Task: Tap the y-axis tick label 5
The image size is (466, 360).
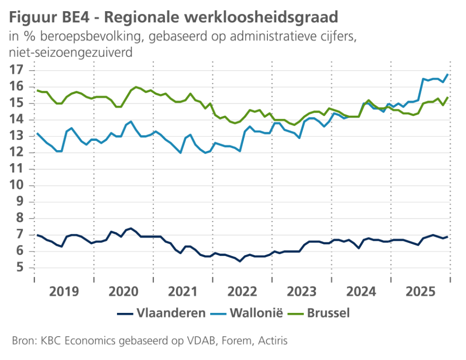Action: click(19, 268)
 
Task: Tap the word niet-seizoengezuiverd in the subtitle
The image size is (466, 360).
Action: click(70, 52)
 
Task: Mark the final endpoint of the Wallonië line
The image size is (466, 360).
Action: click(448, 74)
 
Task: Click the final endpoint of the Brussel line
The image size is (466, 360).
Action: click(448, 97)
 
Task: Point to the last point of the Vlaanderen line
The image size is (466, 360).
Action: click(448, 237)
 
